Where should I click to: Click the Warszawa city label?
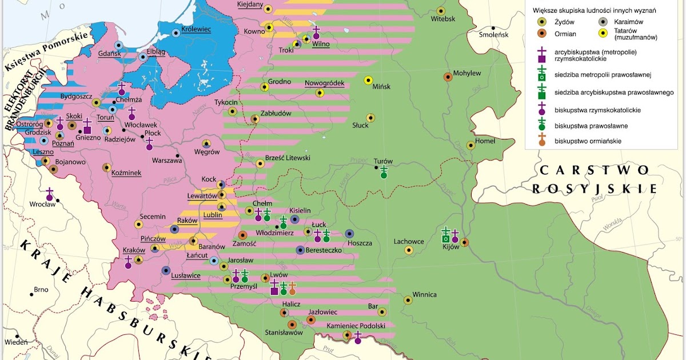[167, 161]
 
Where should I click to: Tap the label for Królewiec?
[196, 29]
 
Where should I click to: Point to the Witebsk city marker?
[441, 11]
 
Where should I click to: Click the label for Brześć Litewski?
[288, 158]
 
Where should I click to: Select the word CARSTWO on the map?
[594, 170]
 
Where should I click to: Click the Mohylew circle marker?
[448, 77]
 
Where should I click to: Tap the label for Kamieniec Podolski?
[356, 326]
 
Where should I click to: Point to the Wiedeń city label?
[15, 342]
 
